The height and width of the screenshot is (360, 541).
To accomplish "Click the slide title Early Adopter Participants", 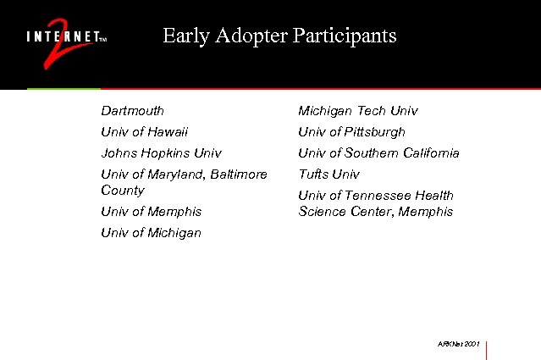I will pos(279,36).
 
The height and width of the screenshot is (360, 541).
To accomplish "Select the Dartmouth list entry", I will pos(132,111).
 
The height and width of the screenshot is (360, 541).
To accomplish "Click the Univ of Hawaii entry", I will pos(144,132).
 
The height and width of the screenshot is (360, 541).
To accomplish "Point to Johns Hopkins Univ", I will pos(161,153).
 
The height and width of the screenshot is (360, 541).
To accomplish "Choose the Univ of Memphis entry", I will pos(151,212).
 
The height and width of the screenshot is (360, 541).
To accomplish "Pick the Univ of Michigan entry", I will pos(151,233).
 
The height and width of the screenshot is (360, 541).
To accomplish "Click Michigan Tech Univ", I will pos(357,111).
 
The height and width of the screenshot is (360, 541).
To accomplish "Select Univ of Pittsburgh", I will pos(351,132).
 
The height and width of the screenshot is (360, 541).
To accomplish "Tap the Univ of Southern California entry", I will pos(378,153).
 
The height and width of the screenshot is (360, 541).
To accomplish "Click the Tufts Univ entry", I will pos(328,174).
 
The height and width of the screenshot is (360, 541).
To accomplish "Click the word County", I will pos(122,191).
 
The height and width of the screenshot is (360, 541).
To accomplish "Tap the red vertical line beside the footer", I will pos(487,349).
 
